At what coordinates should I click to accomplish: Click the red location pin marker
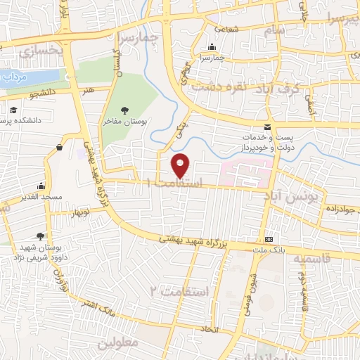[x=181, y=165]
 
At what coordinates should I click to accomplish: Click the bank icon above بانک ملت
[x=269, y=239]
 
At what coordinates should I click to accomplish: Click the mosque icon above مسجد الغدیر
[x=41, y=186]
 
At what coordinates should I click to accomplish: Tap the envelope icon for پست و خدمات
[x=266, y=127]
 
